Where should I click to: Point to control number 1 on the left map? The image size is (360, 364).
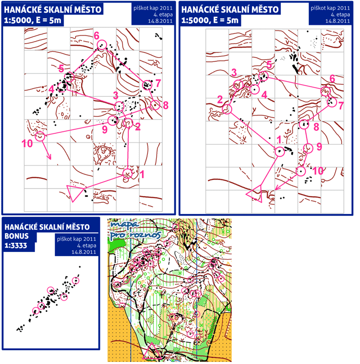point(142,174)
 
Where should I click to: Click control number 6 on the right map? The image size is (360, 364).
point(333,79)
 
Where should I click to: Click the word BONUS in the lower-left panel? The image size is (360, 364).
point(17,236)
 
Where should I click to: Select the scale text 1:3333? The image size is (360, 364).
point(16,245)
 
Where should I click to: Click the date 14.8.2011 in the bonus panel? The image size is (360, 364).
point(84,252)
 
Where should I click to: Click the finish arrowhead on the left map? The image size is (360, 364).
point(50,157)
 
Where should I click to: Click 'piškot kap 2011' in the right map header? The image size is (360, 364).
point(330,8)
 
